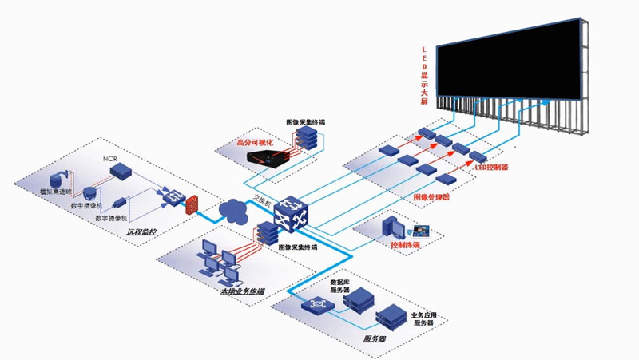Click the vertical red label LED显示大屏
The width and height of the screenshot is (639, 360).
pyautogui.click(x=425, y=76)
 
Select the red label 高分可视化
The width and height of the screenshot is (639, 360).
pyautogui.click(x=255, y=142)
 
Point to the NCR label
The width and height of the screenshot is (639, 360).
pyautogui.click(x=110, y=159)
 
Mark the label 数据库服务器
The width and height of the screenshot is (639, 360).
pyautogui.click(x=340, y=285)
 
